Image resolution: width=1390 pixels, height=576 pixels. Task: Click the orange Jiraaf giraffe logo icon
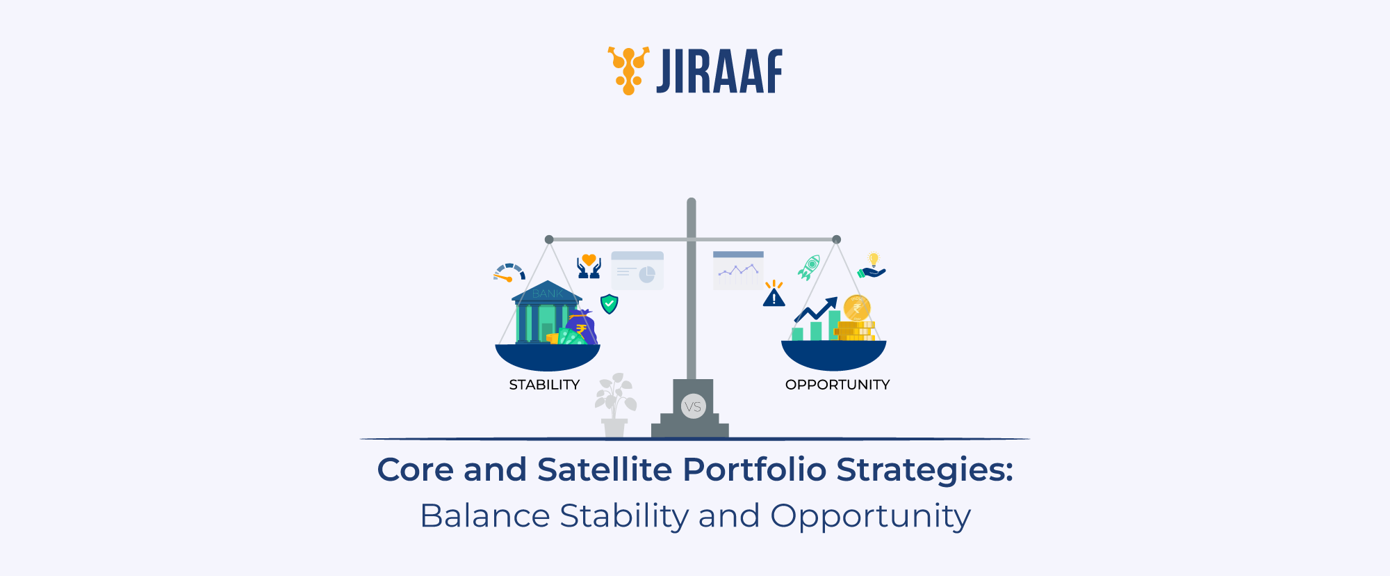tap(628, 70)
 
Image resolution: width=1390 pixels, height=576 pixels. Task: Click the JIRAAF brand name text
tap(719, 72)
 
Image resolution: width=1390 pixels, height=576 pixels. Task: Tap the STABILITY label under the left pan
tap(544, 385)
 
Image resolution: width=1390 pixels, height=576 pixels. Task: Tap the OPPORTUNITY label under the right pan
tap(837, 385)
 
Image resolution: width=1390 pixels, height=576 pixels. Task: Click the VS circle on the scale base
tap(693, 406)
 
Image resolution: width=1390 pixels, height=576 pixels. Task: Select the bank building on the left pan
tap(546, 313)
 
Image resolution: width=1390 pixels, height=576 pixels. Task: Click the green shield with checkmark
tap(610, 303)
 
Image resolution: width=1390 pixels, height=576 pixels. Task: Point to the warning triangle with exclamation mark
tap(774, 297)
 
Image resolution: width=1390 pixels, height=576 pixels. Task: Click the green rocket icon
tap(810, 266)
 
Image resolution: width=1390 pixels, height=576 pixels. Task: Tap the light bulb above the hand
tap(874, 259)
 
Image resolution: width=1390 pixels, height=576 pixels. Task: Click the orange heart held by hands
tap(589, 261)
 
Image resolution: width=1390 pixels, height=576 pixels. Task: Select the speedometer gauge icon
tap(509, 273)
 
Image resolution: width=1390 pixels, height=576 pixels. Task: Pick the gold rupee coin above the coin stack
tap(857, 307)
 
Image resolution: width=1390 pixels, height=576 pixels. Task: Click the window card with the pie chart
tap(637, 271)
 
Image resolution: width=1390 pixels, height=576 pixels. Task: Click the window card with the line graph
tap(738, 271)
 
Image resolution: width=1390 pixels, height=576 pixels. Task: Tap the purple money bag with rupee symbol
tap(582, 327)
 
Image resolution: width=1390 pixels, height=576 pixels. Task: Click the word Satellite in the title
tap(605, 470)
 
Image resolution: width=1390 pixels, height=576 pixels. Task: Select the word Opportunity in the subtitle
tap(870, 516)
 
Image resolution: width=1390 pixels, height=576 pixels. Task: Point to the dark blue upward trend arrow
tap(817, 310)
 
